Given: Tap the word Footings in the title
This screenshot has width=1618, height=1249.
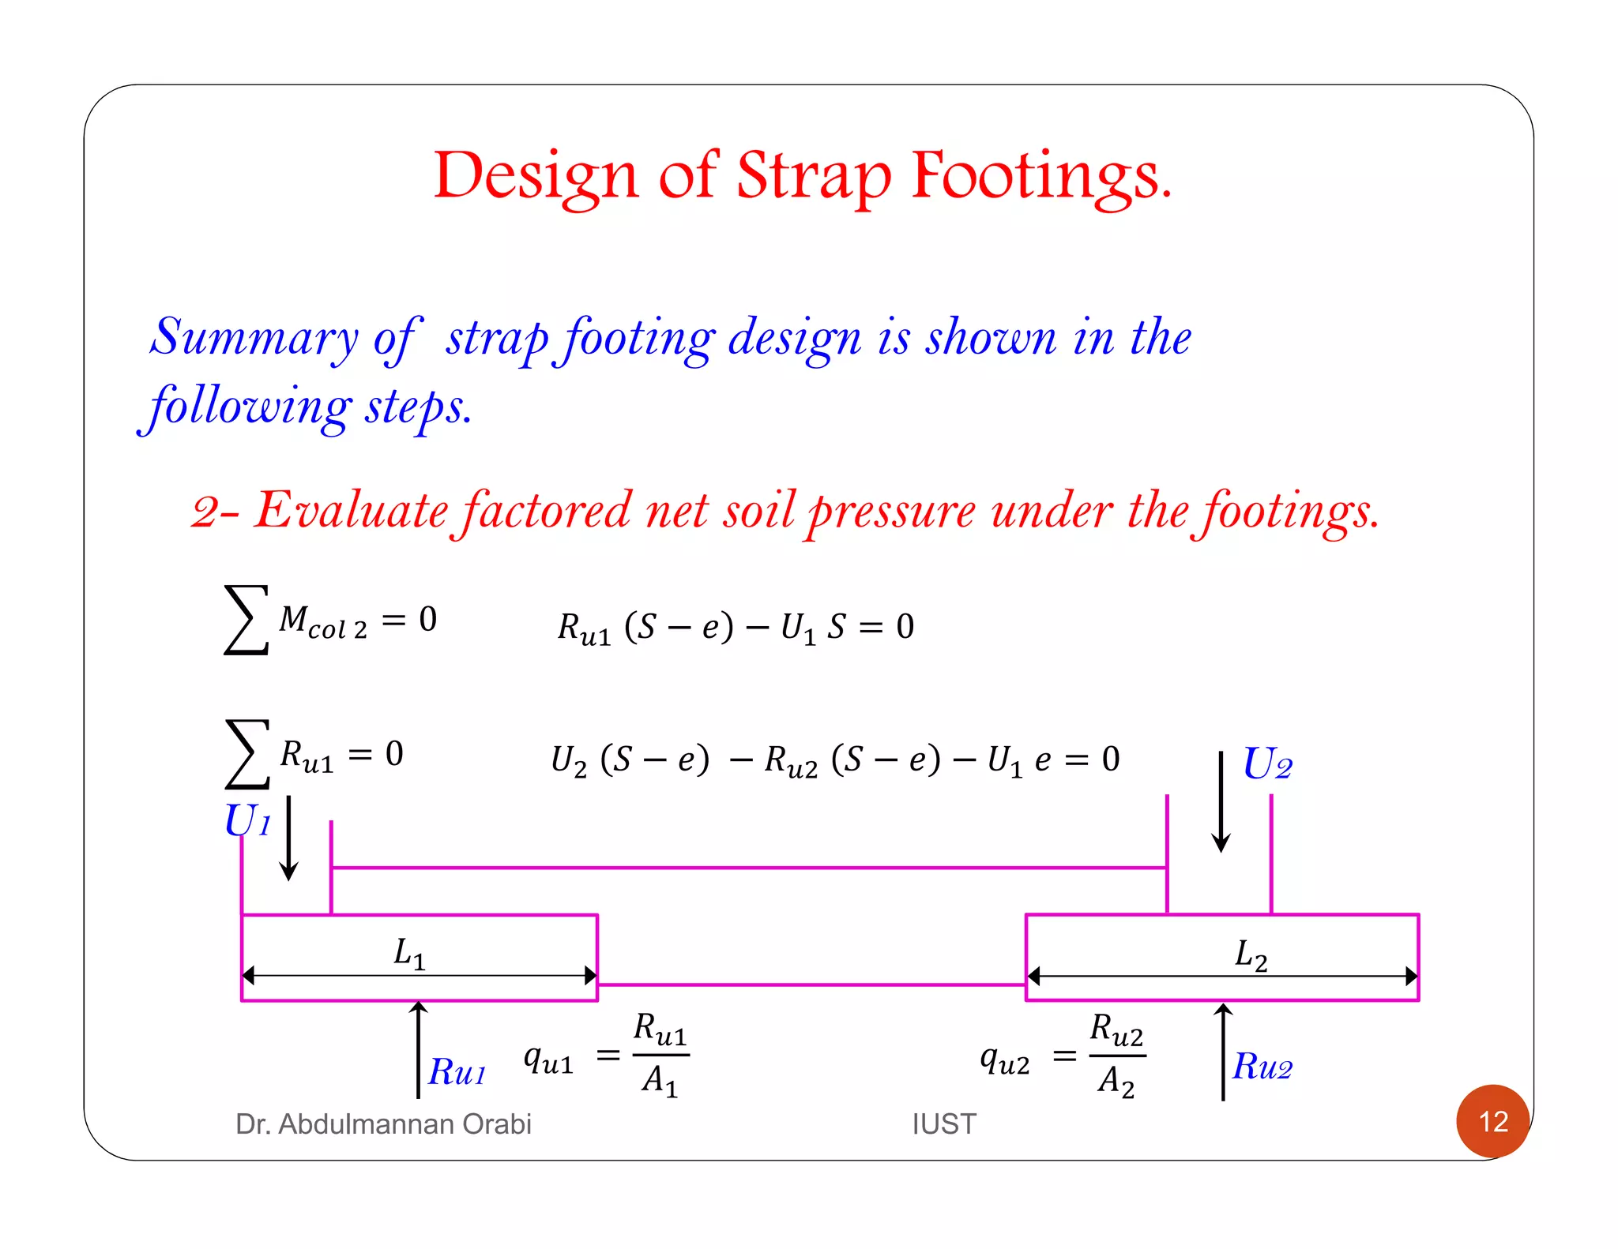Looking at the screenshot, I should click(x=1041, y=177).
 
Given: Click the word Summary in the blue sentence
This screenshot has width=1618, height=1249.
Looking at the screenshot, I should click(x=254, y=337).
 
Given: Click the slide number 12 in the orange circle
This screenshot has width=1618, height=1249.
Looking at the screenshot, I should click(x=1492, y=1121).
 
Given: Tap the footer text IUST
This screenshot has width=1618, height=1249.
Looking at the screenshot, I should click(x=943, y=1123).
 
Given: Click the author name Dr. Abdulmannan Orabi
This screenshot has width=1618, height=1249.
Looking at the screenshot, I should click(x=383, y=1123).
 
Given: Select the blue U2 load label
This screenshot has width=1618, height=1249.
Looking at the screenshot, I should click(x=1267, y=764).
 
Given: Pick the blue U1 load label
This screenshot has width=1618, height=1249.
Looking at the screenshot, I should click(x=247, y=821).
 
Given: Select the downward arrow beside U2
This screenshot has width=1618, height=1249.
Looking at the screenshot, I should click(x=1221, y=801).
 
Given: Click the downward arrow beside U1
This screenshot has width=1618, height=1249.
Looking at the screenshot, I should click(x=289, y=838).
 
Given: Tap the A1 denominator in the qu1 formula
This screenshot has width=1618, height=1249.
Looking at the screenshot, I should click(x=660, y=1080).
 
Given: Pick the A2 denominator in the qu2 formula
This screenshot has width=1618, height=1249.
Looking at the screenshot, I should click(x=1116, y=1081).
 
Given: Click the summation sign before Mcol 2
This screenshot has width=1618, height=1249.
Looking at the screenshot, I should click(x=246, y=620).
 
